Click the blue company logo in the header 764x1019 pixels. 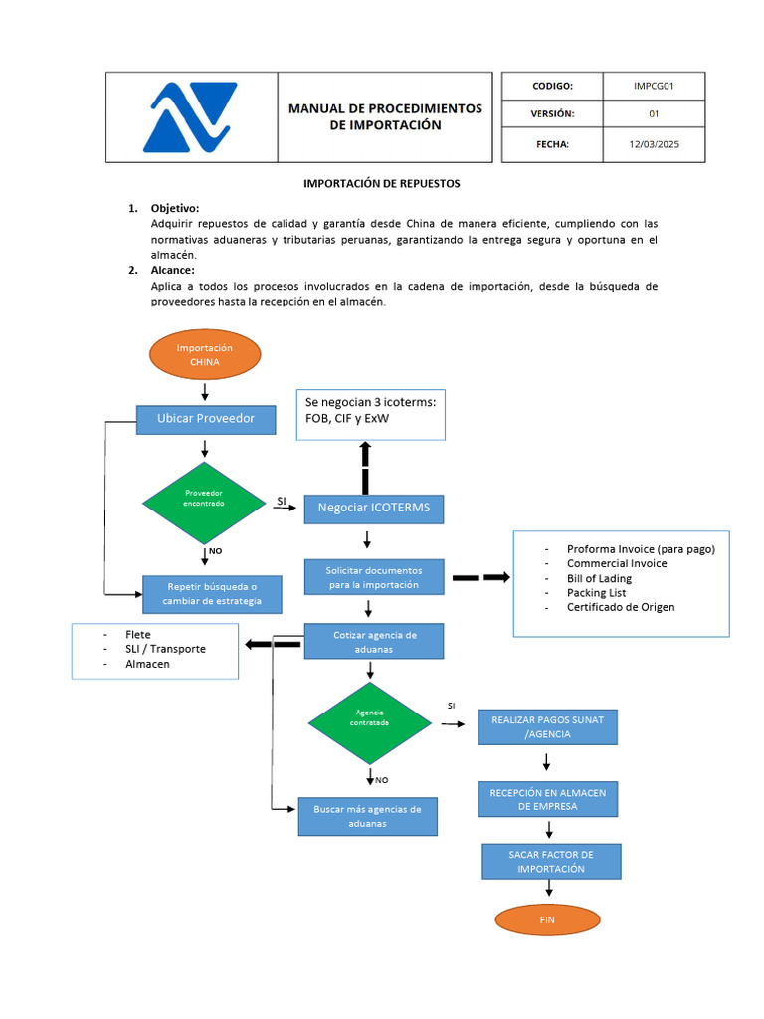tap(190, 116)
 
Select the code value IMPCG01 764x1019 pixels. tap(654, 86)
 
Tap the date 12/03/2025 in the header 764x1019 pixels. tap(654, 145)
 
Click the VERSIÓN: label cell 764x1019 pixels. tap(552, 114)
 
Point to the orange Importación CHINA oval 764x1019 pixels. tap(205, 355)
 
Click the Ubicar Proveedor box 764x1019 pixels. tap(206, 419)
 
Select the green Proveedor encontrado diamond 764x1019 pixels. tap(204, 504)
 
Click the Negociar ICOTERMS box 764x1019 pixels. tap(374, 509)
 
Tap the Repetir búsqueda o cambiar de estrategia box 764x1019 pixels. tap(213, 594)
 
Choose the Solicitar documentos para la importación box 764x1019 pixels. tap(374, 578)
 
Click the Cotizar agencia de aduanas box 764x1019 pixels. tap(374, 642)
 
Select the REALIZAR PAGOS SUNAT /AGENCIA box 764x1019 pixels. tap(547, 726)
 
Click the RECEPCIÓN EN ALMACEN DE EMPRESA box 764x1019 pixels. tap(547, 799)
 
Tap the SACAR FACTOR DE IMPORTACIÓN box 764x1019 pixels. tap(551, 862)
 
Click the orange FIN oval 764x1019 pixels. tap(547, 920)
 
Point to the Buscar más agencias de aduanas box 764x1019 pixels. tap(368, 816)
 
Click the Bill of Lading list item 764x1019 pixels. tap(599, 578)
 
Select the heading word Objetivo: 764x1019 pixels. tap(175, 208)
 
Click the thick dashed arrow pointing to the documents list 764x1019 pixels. tap(480, 578)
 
